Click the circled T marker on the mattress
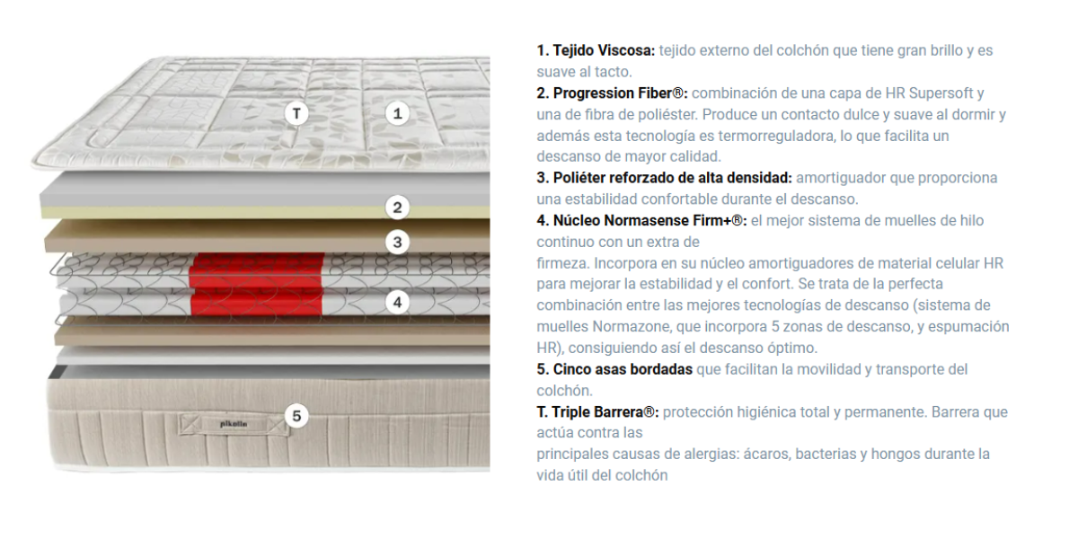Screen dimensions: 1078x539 coord(296,113)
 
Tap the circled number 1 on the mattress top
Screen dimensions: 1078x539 coord(397,113)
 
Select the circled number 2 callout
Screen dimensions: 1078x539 coord(397,208)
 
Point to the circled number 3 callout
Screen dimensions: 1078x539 coord(397,242)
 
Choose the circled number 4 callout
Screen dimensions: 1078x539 coord(397,302)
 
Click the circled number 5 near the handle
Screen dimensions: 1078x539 coord(296,416)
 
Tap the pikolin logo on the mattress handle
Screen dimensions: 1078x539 coord(234,424)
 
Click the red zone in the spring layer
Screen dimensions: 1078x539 coord(257,284)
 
